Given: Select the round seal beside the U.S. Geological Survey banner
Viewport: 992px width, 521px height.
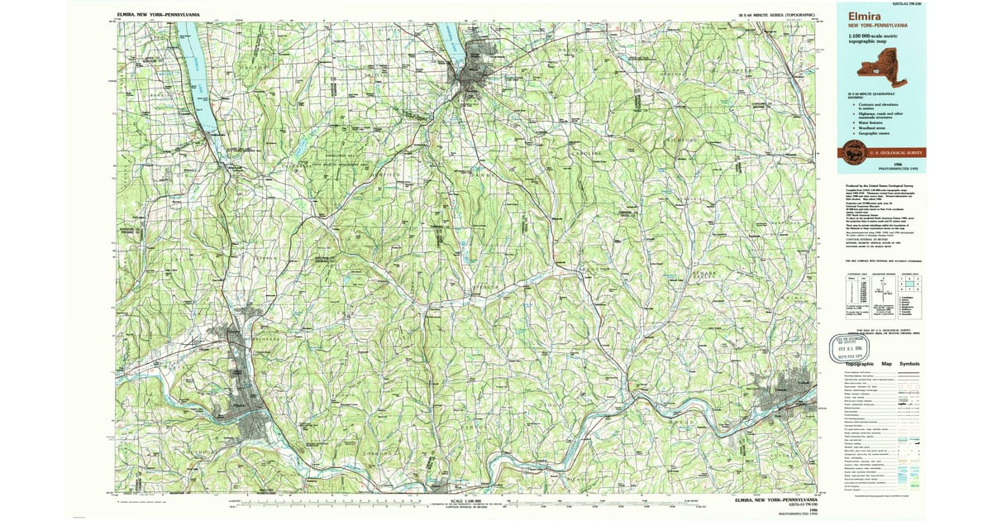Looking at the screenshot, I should click(853, 152).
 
